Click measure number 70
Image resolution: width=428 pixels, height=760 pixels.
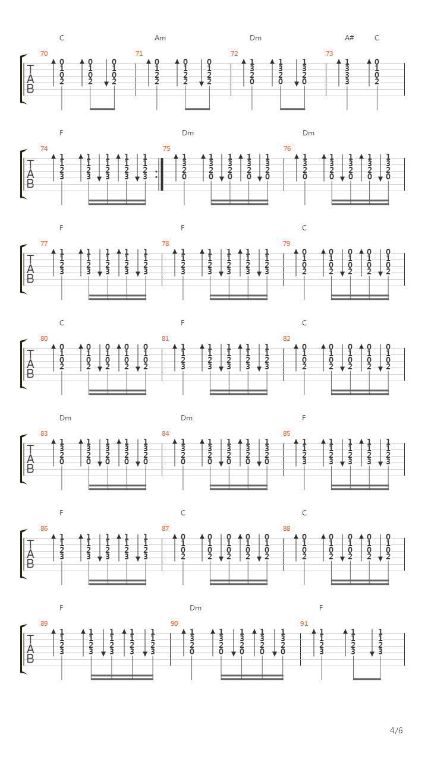(44, 53)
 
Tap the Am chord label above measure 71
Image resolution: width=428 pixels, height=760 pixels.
(160, 38)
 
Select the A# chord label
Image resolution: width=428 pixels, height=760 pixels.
(349, 38)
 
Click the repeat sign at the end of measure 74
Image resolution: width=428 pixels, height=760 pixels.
(160, 174)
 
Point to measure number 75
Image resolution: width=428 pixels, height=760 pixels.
(166, 148)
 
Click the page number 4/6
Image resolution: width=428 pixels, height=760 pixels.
(396, 730)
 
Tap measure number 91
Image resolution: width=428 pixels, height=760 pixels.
(304, 623)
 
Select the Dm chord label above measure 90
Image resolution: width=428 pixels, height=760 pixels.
(196, 608)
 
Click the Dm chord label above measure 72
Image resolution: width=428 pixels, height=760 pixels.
(256, 38)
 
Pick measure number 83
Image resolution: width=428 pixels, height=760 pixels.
(44, 433)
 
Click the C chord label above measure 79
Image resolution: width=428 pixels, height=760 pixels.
(304, 228)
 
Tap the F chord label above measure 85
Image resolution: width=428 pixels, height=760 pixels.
(304, 418)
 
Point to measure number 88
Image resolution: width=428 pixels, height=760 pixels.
(287, 528)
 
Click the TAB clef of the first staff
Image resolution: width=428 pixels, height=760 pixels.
(30, 79)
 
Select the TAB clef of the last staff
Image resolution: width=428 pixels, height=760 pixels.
(30, 649)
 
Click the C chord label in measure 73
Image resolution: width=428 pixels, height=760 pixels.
(377, 38)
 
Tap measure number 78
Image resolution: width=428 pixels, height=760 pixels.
(165, 243)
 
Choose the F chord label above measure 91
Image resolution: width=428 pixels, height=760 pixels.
(321, 608)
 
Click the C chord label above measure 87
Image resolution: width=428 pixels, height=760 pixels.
(182, 513)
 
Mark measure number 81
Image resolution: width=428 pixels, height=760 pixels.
(165, 338)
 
